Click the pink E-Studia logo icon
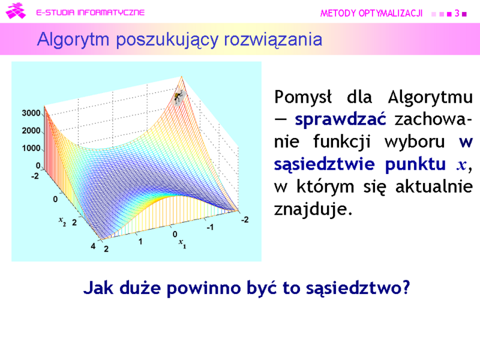16,11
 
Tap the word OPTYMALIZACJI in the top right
391,13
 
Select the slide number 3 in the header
457,13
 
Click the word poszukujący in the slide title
167,40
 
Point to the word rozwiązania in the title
273,40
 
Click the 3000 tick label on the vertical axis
31,113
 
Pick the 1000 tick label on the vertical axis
31,148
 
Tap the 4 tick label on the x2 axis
93,246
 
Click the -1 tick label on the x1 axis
209,227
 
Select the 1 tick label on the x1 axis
140,242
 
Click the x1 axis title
182,244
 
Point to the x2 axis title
62,221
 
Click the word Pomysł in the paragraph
303,97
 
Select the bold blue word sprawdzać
340,119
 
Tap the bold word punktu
415,164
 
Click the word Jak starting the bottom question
98,288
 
